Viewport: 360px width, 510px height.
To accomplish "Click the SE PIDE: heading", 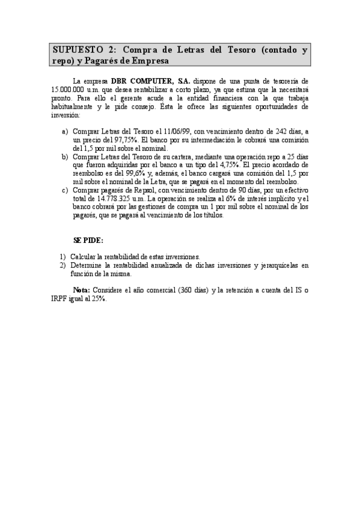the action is click(88, 239).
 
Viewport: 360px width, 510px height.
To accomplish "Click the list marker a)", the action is click(64, 132).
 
